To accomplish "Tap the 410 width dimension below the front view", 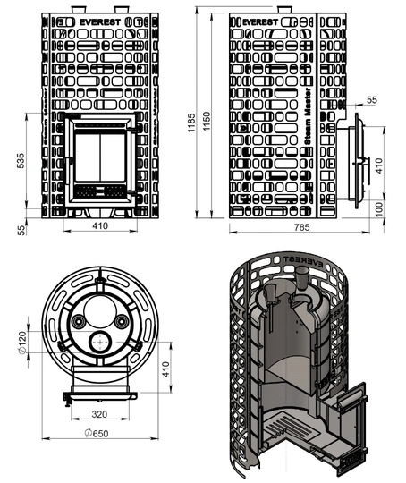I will click(x=99, y=227).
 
